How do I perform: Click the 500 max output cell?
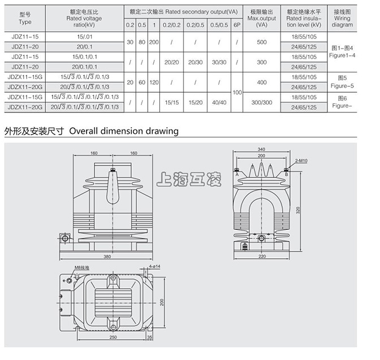[261, 42]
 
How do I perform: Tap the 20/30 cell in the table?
[195, 62]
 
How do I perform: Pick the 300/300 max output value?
[261, 102]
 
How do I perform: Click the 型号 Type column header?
[25, 18]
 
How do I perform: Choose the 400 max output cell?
[261, 83]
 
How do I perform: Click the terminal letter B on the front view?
[287, 175]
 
